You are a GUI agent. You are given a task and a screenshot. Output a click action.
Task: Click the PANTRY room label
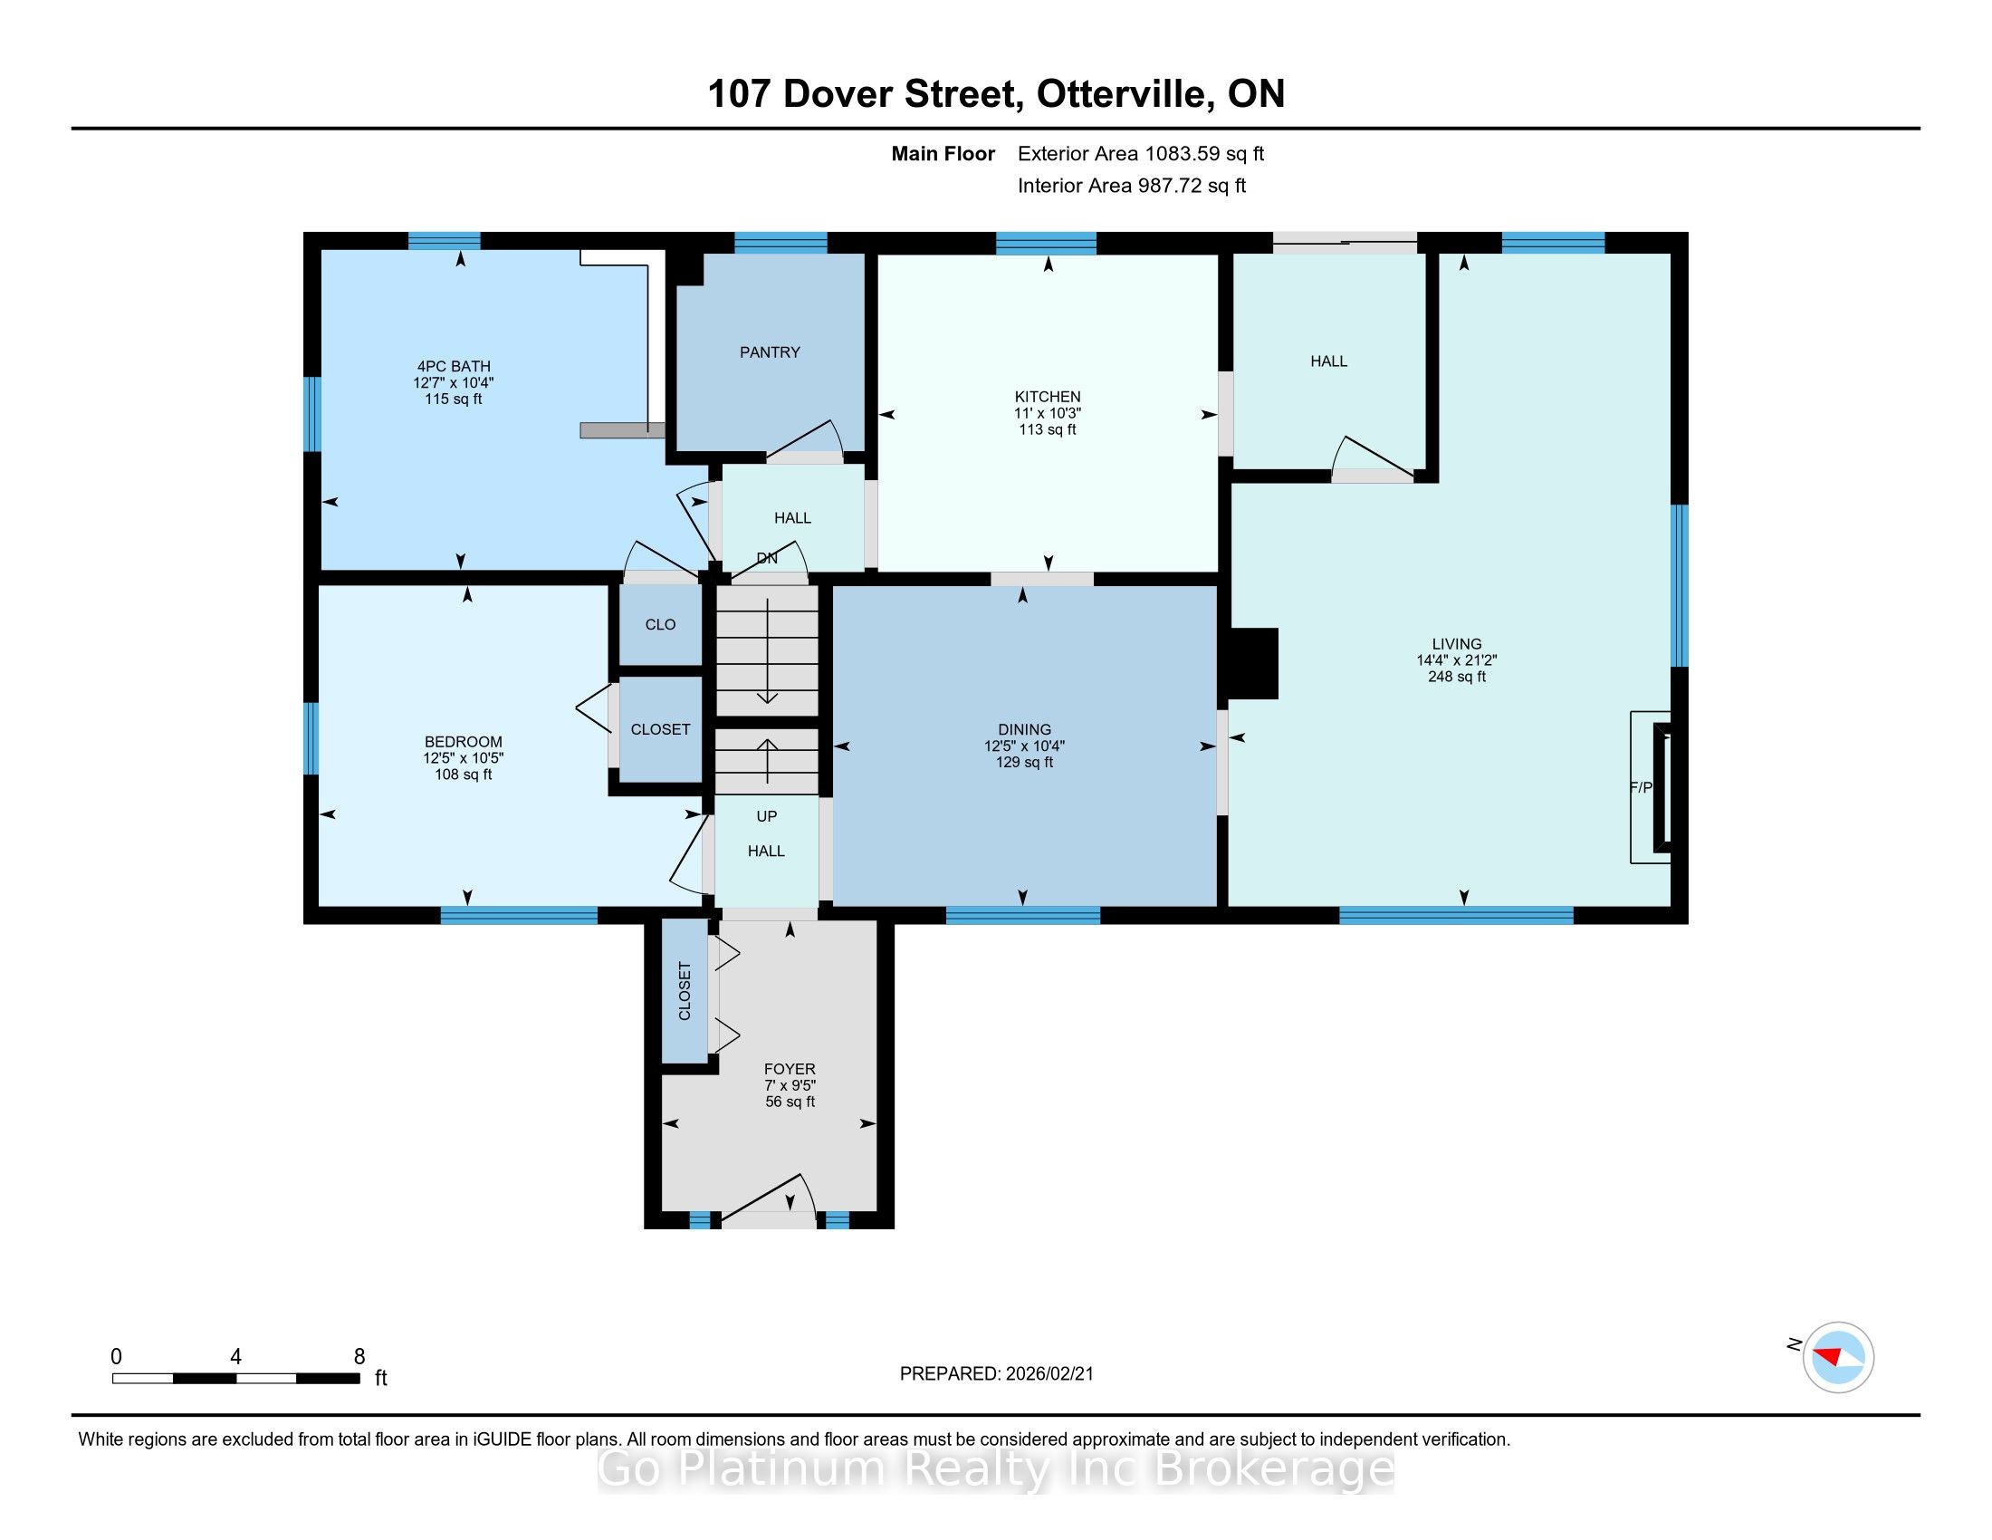(x=770, y=352)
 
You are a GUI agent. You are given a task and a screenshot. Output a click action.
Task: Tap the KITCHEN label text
(x=1047, y=397)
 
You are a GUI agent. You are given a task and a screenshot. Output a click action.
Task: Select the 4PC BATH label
(x=454, y=367)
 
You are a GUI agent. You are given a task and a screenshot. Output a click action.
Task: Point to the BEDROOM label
(x=464, y=742)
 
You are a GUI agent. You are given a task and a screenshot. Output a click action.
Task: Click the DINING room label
(x=1024, y=729)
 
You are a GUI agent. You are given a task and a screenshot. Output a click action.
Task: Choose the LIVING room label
(x=1457, y=643)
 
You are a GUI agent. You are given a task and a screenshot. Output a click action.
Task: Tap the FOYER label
(x=790, y=1068)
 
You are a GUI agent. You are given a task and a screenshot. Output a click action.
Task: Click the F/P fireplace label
(x=1641, y=787)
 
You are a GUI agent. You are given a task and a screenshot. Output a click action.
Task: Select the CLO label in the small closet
(x=660, y=625)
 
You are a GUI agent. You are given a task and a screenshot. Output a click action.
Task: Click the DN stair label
(x=767, y=558)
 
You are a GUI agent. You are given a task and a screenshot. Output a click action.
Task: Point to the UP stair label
(x=766, y=816)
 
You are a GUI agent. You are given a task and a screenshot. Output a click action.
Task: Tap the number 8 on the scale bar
(x=359, y=1356)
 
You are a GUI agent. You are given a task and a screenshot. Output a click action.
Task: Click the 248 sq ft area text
(x=1457, y=677)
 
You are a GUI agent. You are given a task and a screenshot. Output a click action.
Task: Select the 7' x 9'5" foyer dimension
(x=790, y=1085)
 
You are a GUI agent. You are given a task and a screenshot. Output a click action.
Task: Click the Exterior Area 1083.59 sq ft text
(x=1141, y=154)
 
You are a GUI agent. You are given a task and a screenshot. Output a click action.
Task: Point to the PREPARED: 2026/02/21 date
(x=996, y=1374)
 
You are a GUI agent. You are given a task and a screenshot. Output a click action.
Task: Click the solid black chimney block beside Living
(x=1254, y=663)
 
